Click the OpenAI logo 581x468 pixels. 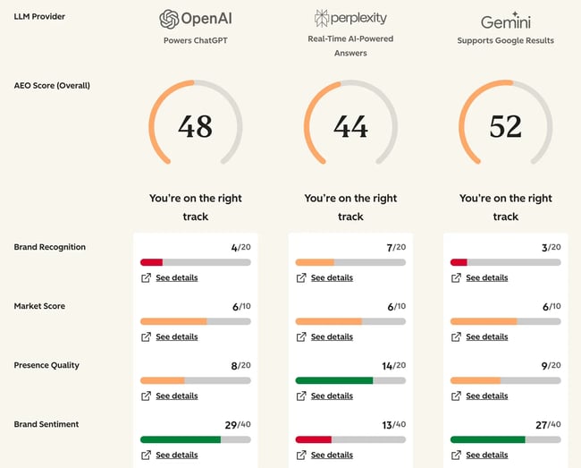pyautogui.click(x=195, y=19)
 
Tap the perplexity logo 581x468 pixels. pyautogui.click(x=350, y=18)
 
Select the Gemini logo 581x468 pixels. pyautogui.click(x=505, y=21)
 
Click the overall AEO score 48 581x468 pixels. pyautogui.click(x=195, y=127)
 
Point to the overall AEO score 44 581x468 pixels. pyautogui.click(x=350, y=127)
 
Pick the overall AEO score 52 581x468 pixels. pyautogui.click(x=505, y=127)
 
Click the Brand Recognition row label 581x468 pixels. pyautogui.click(x=50, y=247)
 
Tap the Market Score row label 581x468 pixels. pyautogui.click(x=39, y=306)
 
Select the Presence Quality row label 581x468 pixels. pyautogui.click(x=46, y=365)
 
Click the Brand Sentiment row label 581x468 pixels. pyautogui.click(x=46, y=424)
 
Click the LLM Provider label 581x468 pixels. pyautogui.click(x=39, y=16)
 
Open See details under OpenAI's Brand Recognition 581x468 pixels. pyautogui.click(x=176, y=278)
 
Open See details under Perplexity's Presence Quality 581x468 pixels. pyautogui.click(x=332, y=396)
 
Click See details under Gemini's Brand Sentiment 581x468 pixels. pyautogui.click(x=486, y=455)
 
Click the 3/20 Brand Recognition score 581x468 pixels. pyautogui.click(x=549, y=247)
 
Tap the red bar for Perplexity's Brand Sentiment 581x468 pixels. pyautogui.click(x=313, y=439)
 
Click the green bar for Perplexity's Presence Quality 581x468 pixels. pyautogui.click(x=333, y=380)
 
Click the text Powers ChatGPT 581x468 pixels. pyautogui.click(x=195, y=40)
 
